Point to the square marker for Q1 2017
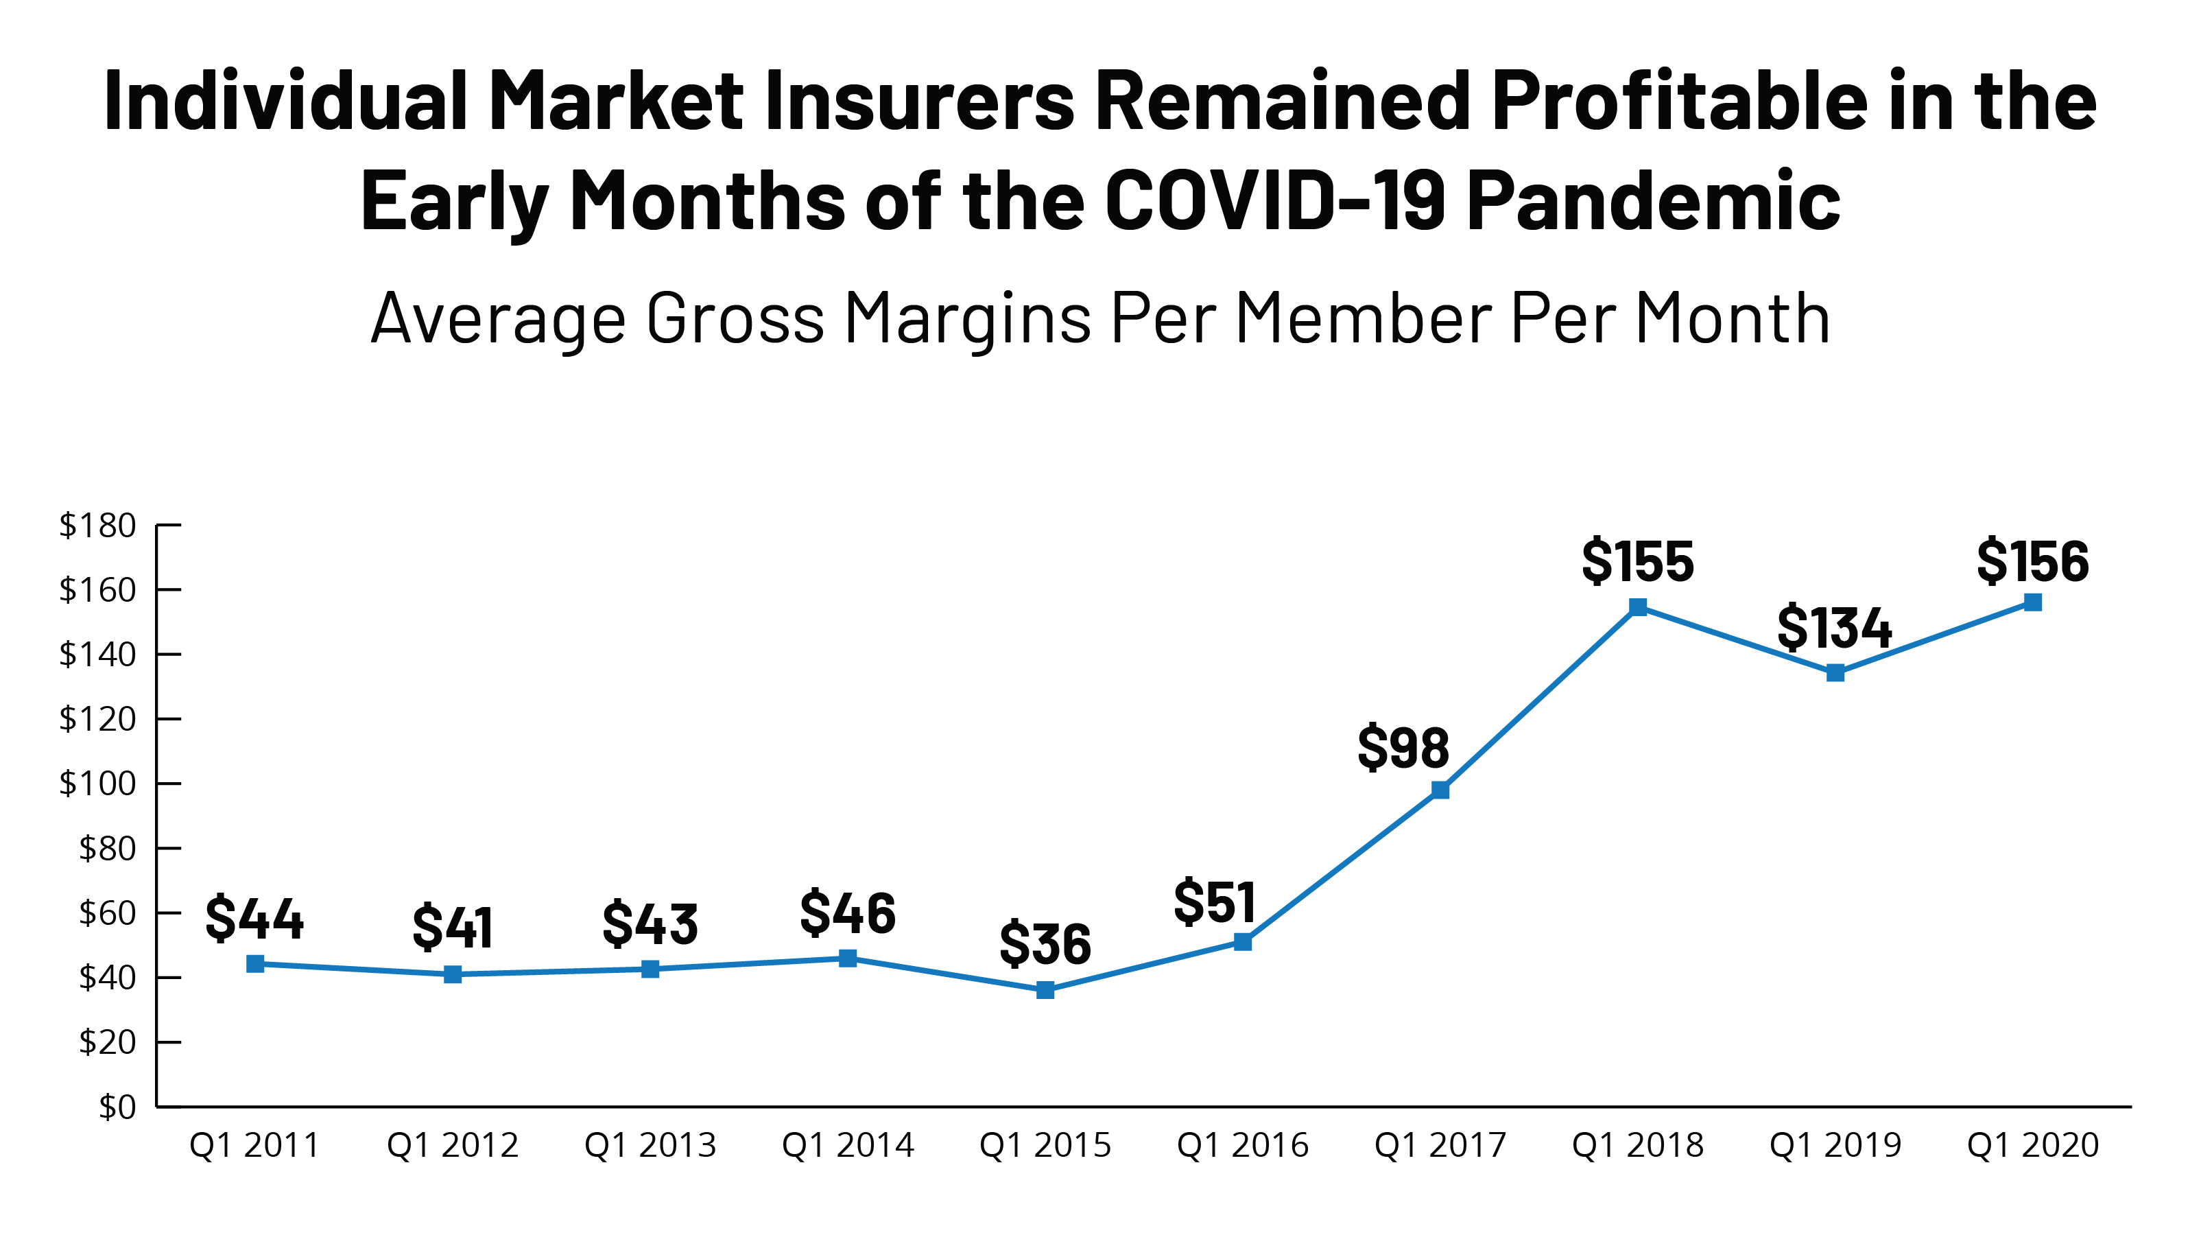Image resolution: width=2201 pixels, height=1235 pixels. pyautogui.click(x=1440, y=790)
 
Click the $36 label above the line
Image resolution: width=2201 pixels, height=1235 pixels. pyautogui.click(x=1045, y=943)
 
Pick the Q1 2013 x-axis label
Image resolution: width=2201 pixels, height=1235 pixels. pyautogui.click(x=650, y=1145)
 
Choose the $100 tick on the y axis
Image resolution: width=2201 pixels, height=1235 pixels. pyautogui.click(x=97, y=783)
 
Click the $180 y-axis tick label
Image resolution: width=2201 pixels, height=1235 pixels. pyautogui.click(x=97, y=525)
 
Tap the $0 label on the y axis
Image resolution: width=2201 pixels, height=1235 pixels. pyautogui.click(x=117, y=1107)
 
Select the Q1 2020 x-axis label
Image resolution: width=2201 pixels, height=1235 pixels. pyautogui.click(x=2033, y=1145)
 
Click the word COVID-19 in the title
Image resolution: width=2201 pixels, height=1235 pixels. pyautogui.click(x=1275, y=201)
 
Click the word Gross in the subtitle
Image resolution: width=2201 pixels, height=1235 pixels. pyautogui.click(x=735, y=318)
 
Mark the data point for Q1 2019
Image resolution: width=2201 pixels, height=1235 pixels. pyautogui.click(x=1835, y=672)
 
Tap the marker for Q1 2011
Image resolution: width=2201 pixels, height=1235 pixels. pyautogui.click(x=254, y=964)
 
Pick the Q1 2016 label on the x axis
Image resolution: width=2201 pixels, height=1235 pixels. pyautogui.click(x=1242, y=1145)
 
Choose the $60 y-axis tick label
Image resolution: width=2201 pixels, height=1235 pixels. pyautogui.click(x=107, y=913)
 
